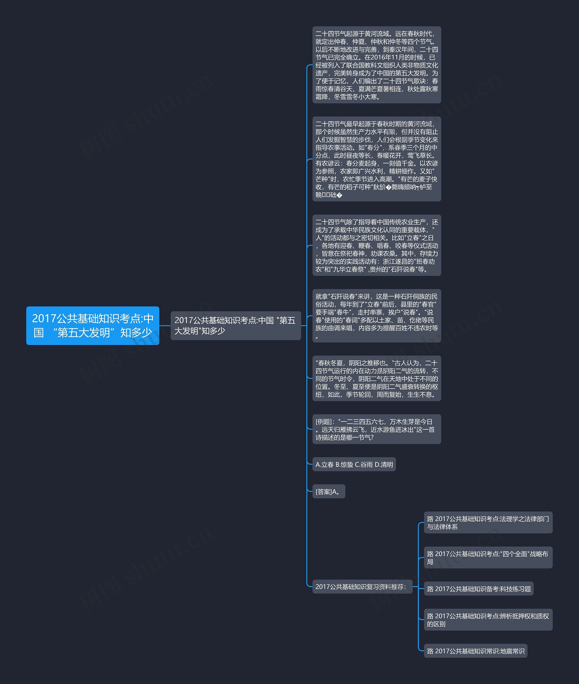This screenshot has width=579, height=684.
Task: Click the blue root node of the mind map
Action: point(93,325)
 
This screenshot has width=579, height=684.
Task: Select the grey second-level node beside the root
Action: point(235,325)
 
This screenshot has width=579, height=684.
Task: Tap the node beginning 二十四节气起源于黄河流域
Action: point(377,65)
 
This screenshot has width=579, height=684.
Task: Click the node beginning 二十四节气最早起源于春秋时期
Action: point(377,159)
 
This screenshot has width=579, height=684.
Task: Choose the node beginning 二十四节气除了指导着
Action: point(377,245)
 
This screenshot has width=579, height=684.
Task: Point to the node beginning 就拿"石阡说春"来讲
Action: point(377,316)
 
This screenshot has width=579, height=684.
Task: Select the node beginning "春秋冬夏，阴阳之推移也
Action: point(377,378)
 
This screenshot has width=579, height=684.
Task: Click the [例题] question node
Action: point(377,429)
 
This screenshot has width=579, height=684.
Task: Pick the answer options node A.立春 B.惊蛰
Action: point(354,464)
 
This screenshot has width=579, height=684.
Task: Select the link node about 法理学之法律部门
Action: point(488,522)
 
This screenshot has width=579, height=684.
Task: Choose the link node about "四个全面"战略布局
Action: point(488,558)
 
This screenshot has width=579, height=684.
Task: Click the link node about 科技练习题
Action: point(479,589)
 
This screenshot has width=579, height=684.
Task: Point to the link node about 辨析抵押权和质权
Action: point(488,620)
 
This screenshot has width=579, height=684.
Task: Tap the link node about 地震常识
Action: point(475,651)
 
